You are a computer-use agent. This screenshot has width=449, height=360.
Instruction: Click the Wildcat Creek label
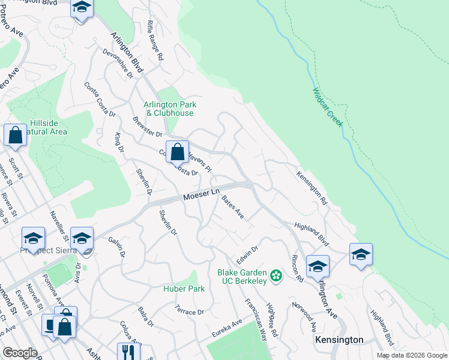coord(327,107)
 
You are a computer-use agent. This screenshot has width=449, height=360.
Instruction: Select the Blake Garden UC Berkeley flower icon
coord(276,276)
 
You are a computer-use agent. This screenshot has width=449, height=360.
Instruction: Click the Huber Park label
coord(184,289)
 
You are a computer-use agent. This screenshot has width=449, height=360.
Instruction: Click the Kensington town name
coord(339,340)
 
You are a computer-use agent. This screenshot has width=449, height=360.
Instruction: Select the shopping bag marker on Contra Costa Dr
coord(177,153)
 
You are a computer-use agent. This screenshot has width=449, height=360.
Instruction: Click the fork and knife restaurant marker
coord(127,351)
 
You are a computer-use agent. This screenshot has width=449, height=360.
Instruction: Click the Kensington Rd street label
coord(312,188)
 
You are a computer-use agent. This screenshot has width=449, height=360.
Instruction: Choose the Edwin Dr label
coord(247,253)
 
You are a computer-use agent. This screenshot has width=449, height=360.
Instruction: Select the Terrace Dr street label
coord(190,313)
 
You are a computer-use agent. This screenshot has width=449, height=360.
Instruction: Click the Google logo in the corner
coord(20,352)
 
